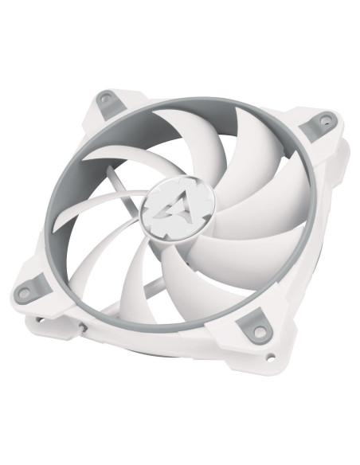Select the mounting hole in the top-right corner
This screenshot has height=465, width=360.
pos(324,121)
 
